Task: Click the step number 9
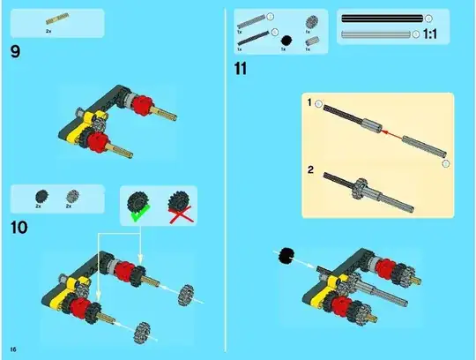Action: [x=16, y=51]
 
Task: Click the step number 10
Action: [x=19, y=228]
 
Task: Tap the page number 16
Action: [x=12, y=342]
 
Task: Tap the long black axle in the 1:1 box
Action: [x=381, y=18]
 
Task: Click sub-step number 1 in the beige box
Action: [x=309, y=104]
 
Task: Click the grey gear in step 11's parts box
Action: [x=310, y=23]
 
